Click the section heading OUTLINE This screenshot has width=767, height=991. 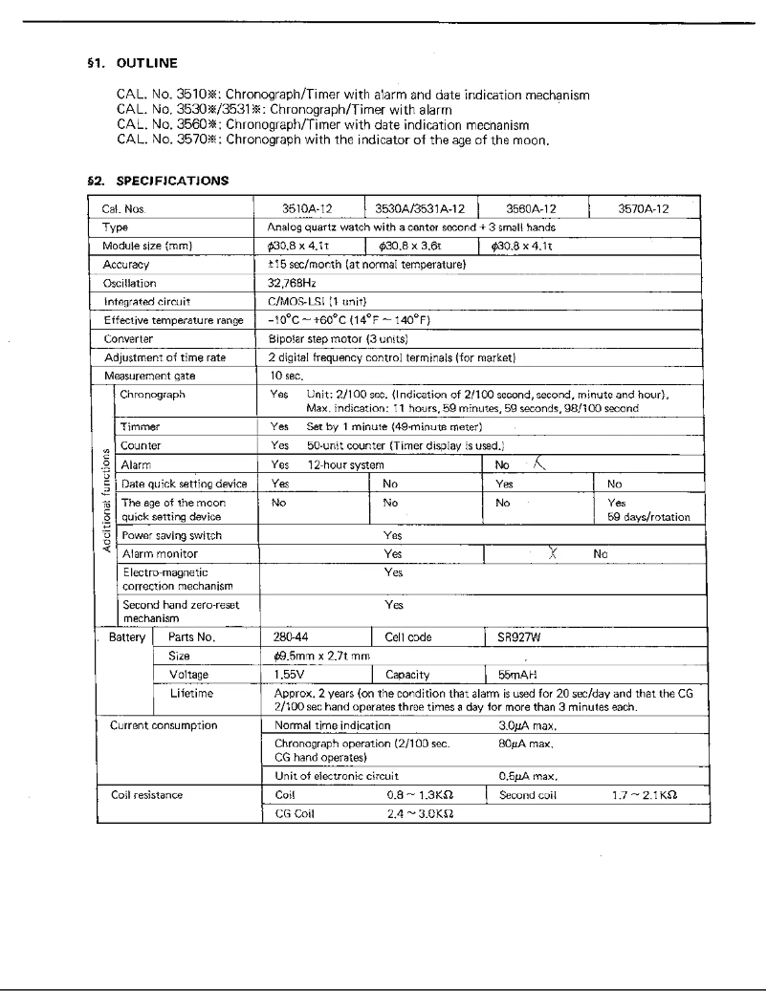click(146, 64)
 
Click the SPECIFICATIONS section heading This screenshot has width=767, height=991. click(172, 180)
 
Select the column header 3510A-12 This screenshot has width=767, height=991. click(309, 208)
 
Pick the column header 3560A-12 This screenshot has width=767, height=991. click(532, 208)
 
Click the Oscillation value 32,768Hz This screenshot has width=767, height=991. click(292, 283)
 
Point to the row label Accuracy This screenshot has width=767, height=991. click(126, 265)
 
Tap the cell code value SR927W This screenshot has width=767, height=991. click(520, 636)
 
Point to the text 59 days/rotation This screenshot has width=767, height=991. click(648, 517)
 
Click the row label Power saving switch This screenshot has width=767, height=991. click(170, 535)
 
